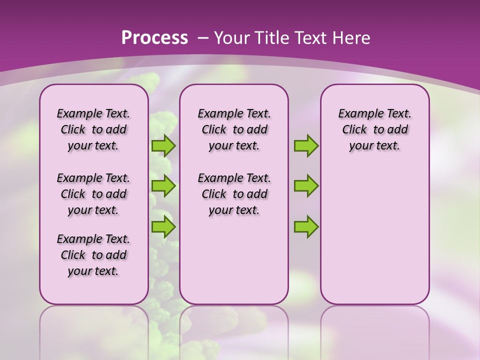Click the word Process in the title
tap(154, 38)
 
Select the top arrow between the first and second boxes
tap(163, 145)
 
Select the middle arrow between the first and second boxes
tap(163, 186)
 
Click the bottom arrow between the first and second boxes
tap(163, 226)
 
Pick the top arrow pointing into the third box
tap(306, 145)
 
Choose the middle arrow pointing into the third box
tap(306, 186)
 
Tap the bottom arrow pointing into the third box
tap(306, 226)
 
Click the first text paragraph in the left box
tap(93, 129)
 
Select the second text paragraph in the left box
tap(93, 194)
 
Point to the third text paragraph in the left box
tap(93, 255)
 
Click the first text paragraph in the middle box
tap(234, 129)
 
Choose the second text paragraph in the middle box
tap(234, 194)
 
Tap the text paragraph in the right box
tap(374, 129)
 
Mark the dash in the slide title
tap(202, 38)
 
